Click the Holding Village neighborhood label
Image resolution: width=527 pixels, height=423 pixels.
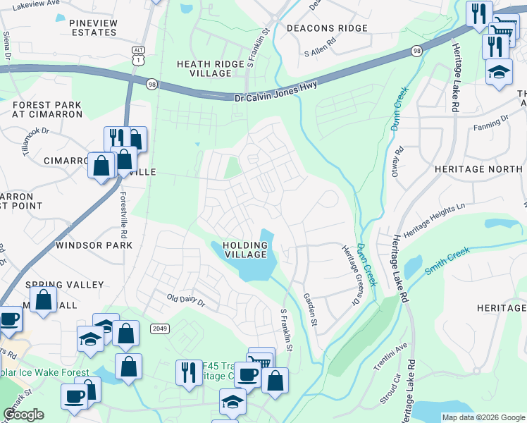coord(245,250)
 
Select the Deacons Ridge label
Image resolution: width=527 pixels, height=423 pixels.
coord(327,28)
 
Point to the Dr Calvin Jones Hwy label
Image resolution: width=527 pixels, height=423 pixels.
coord(275,90)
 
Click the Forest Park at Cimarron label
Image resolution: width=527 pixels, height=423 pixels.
coord(46,110)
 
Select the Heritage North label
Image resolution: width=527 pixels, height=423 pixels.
coord(479,169)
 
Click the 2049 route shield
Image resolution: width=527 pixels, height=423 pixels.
coord(159,328)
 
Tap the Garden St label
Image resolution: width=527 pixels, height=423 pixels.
coord(309,311)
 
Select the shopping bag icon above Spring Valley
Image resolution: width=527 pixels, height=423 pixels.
coord(44,299)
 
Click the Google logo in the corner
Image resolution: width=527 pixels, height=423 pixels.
coord(23,415)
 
